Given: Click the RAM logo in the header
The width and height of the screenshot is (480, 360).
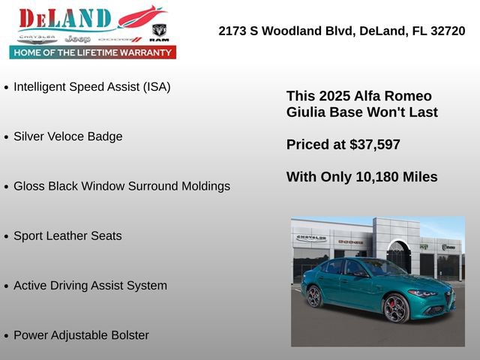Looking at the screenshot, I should coord(159,31).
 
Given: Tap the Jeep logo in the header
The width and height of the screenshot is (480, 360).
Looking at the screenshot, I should coord(77,38).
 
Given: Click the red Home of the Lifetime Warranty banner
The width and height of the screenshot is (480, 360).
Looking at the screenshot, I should coord(93,52).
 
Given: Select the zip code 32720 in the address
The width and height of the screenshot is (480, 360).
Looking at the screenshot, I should coord(445,31).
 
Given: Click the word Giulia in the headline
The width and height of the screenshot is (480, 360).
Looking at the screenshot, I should coord(306,112).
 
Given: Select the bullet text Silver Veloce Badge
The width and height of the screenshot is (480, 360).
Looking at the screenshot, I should coord(67,136).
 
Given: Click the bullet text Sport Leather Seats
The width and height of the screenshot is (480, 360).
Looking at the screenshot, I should coord(67,235).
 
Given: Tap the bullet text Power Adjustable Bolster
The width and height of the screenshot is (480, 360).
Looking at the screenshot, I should coord(81,335).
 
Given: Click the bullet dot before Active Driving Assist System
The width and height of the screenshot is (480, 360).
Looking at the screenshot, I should coord(7,286).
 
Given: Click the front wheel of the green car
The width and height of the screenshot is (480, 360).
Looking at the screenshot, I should coord(396,307).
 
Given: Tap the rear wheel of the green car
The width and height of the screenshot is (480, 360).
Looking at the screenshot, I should coord(315,296).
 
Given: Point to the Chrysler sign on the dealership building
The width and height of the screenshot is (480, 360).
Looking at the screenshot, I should coord(311,238).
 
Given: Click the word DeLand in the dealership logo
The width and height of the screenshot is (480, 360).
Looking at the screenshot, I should coord(64,18).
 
